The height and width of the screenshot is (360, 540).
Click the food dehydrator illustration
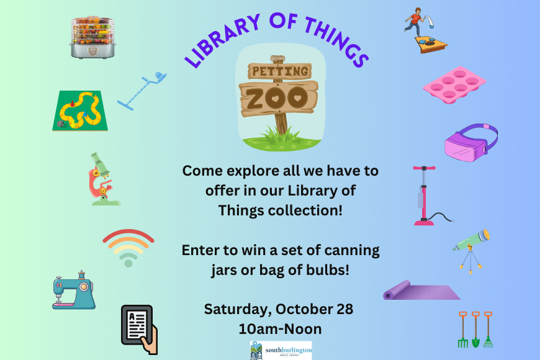tap(92, 37)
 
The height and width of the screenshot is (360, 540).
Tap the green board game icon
tap(80, 110)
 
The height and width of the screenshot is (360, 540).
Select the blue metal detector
tap(142, 91)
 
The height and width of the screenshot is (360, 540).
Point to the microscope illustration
tap(103, 179)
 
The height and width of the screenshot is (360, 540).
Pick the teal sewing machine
tap(74, 290)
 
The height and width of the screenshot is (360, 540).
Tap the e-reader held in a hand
tap(140, 330)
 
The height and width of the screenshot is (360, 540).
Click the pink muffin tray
tap(454, 85)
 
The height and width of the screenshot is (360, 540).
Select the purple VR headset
tap(470, 143)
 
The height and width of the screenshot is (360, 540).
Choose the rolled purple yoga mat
tap(421, 290)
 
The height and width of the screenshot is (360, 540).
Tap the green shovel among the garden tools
tap(475, 330)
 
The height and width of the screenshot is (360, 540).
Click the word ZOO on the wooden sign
tap(277, 98)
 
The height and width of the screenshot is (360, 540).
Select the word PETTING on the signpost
tap(280, 71)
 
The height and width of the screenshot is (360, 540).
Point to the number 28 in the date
tap(344, 309)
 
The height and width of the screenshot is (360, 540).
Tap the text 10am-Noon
tap(280, 329)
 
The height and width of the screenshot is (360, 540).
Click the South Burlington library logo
tap(281, 350)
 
